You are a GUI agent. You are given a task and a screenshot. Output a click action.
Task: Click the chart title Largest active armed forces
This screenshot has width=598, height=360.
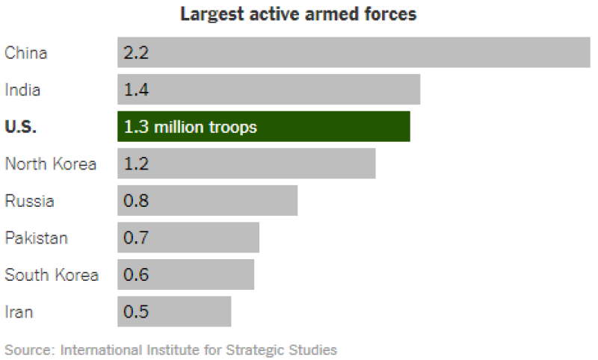pos(298,14)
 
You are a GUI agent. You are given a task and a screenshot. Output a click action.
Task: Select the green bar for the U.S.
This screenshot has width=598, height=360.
pos(264,126)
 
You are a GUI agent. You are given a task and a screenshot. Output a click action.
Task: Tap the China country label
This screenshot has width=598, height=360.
pos(26,53)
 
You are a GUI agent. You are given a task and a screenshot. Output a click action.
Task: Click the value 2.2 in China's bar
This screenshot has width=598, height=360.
pos(136,52)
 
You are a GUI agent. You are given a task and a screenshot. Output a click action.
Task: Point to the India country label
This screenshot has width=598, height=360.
pos(22,90)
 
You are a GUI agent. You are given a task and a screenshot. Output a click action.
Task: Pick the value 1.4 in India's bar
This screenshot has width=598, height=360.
pos(136,90)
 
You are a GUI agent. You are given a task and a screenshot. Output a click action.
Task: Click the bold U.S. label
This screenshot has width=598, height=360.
pos(21,127)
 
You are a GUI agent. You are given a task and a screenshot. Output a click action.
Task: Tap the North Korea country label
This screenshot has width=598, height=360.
pos(51,164)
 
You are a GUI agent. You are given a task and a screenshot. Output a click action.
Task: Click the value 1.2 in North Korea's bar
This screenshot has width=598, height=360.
pos(136,164)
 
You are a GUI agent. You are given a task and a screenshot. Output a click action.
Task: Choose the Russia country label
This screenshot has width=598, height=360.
pos(29,201)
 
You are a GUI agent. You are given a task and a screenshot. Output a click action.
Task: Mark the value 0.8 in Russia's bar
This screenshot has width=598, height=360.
pos(136,200)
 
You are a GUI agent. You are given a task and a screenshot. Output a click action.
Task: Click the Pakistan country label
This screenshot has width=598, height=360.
pos(36,238)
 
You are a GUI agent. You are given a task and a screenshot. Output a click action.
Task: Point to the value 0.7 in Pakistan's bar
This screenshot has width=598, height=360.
pos(136,238)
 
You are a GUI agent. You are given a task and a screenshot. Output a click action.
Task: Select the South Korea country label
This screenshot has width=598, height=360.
pos(52,275)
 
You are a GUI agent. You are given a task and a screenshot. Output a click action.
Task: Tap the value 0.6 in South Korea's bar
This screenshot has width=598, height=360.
pos(136,274)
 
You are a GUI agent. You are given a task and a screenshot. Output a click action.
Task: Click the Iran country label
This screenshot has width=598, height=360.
pos(19,312)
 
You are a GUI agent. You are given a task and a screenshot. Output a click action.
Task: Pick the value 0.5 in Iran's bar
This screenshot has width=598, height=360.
pos(136,311)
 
